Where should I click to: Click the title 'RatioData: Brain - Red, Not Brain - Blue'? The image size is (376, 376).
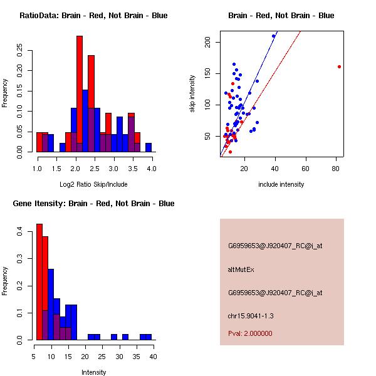[x=93, y=15]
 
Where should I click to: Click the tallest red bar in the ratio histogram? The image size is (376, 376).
[x=80, y=94]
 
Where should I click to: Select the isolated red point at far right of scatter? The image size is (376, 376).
[x=339, y=66]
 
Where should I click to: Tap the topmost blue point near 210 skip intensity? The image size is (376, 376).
[x=273, y=36]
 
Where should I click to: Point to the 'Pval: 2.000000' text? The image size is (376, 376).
[x=250, y=333]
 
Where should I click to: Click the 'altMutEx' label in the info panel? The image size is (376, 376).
[x=242, y=269]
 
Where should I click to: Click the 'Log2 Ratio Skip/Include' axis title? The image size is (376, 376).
[x=93, y=184]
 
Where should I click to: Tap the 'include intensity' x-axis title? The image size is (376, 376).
[x=281, y=184]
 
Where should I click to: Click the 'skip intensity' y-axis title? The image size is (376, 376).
[x=192, y=94]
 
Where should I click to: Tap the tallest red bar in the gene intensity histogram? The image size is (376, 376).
[x=39, y=282]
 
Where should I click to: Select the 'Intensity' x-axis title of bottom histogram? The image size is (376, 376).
[x=93, y=372]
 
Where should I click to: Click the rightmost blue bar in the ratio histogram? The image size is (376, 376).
[x=149, y=148]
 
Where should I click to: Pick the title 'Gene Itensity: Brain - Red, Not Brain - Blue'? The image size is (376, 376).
[x=93, y=204]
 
